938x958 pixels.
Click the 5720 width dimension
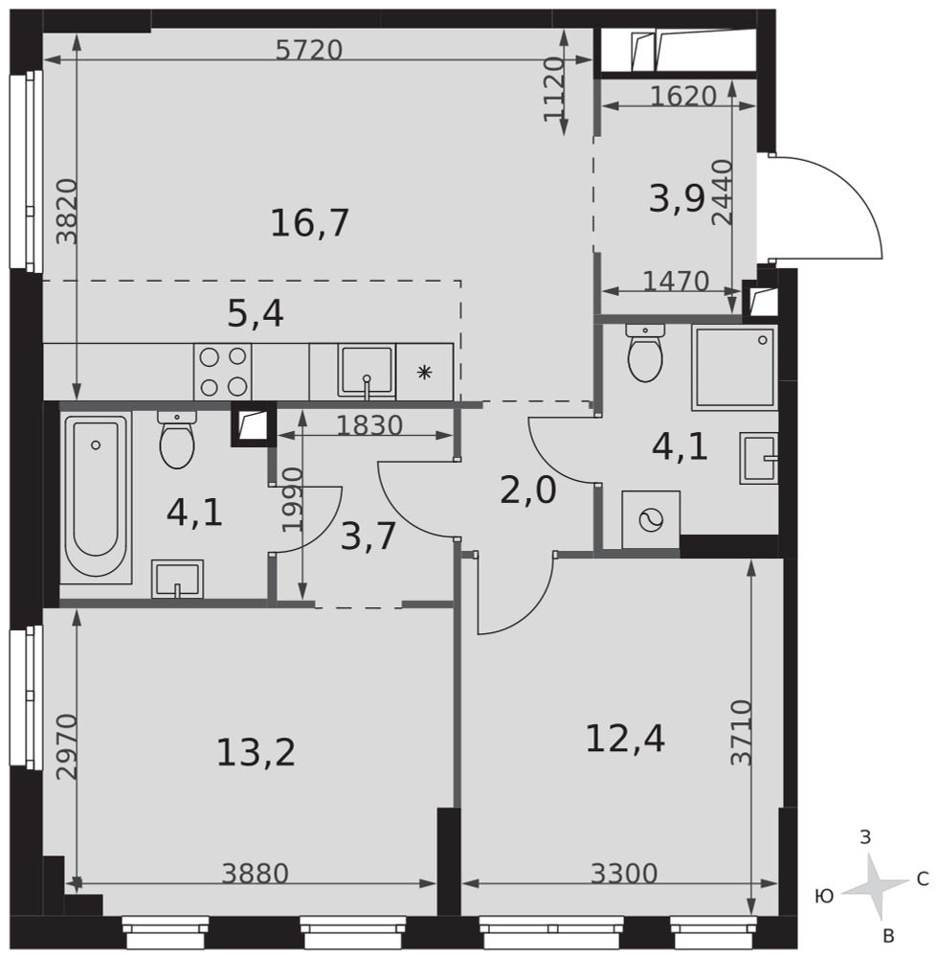[309, 50]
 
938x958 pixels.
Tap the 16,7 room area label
[309, 223]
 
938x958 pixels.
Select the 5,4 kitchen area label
[256, 315]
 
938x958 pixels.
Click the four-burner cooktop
[223, 372]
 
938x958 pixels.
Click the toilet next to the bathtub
[177, 440]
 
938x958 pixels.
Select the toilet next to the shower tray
[645, 353]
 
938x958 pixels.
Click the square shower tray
[735, 368]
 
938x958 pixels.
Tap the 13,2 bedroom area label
[256, 753]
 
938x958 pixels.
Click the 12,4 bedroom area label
[625, 738]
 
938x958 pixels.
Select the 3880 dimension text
[256, 874]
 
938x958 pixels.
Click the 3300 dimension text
[624, 874]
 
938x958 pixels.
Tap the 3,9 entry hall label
[678, 199]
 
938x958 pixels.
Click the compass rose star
[874, 884]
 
